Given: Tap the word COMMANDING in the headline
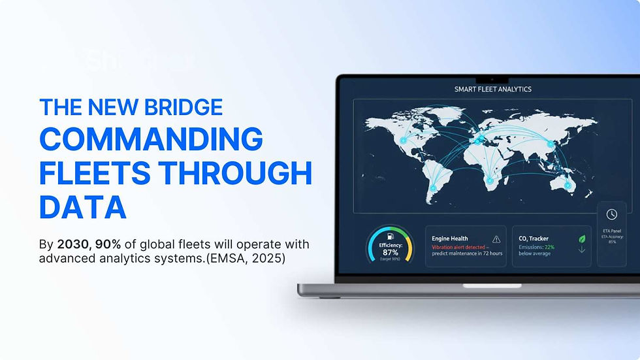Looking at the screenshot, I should (x=151, y=140).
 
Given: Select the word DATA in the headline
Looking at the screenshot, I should (x=82, y=207).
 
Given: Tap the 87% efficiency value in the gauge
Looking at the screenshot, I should (x=391, y=252).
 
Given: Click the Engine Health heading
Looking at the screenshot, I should (x=450, y=239).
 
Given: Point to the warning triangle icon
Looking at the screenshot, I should (x=496, y=239).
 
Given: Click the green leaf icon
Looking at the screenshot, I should (x=582, y=239).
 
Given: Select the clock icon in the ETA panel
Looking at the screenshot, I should (x=611, y=214).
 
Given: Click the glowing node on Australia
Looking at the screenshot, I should (x=567, y=186).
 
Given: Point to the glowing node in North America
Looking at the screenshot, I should (x=403, y=140).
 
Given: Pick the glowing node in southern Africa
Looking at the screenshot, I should (x=490, y=180).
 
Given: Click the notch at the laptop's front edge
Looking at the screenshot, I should (x=483, y=286).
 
